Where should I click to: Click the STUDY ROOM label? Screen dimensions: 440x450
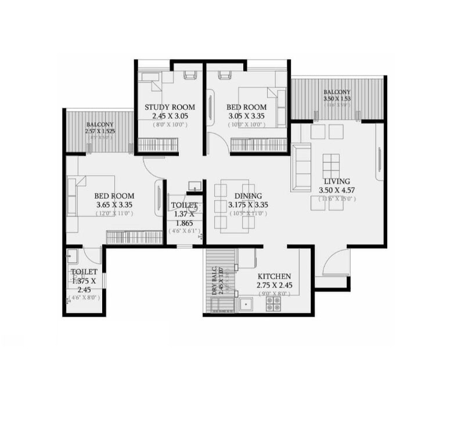[170, 108]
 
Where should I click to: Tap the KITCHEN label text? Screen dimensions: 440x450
[274, 276]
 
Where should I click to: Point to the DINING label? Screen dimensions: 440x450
[248, 196]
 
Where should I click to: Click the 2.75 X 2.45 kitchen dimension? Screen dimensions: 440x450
[274, 285]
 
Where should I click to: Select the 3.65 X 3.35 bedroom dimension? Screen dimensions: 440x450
[115, 205]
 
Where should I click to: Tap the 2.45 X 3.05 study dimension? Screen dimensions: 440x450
[170, 116]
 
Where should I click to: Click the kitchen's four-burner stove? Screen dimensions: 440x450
[273, 304]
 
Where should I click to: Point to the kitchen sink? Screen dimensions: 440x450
[246, 303]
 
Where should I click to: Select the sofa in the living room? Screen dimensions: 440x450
[300, 167]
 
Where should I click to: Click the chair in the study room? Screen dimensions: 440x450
[189, 74]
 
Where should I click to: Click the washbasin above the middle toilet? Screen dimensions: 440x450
[195, 186]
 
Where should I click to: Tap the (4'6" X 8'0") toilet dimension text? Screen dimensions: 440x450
[84, 298]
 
